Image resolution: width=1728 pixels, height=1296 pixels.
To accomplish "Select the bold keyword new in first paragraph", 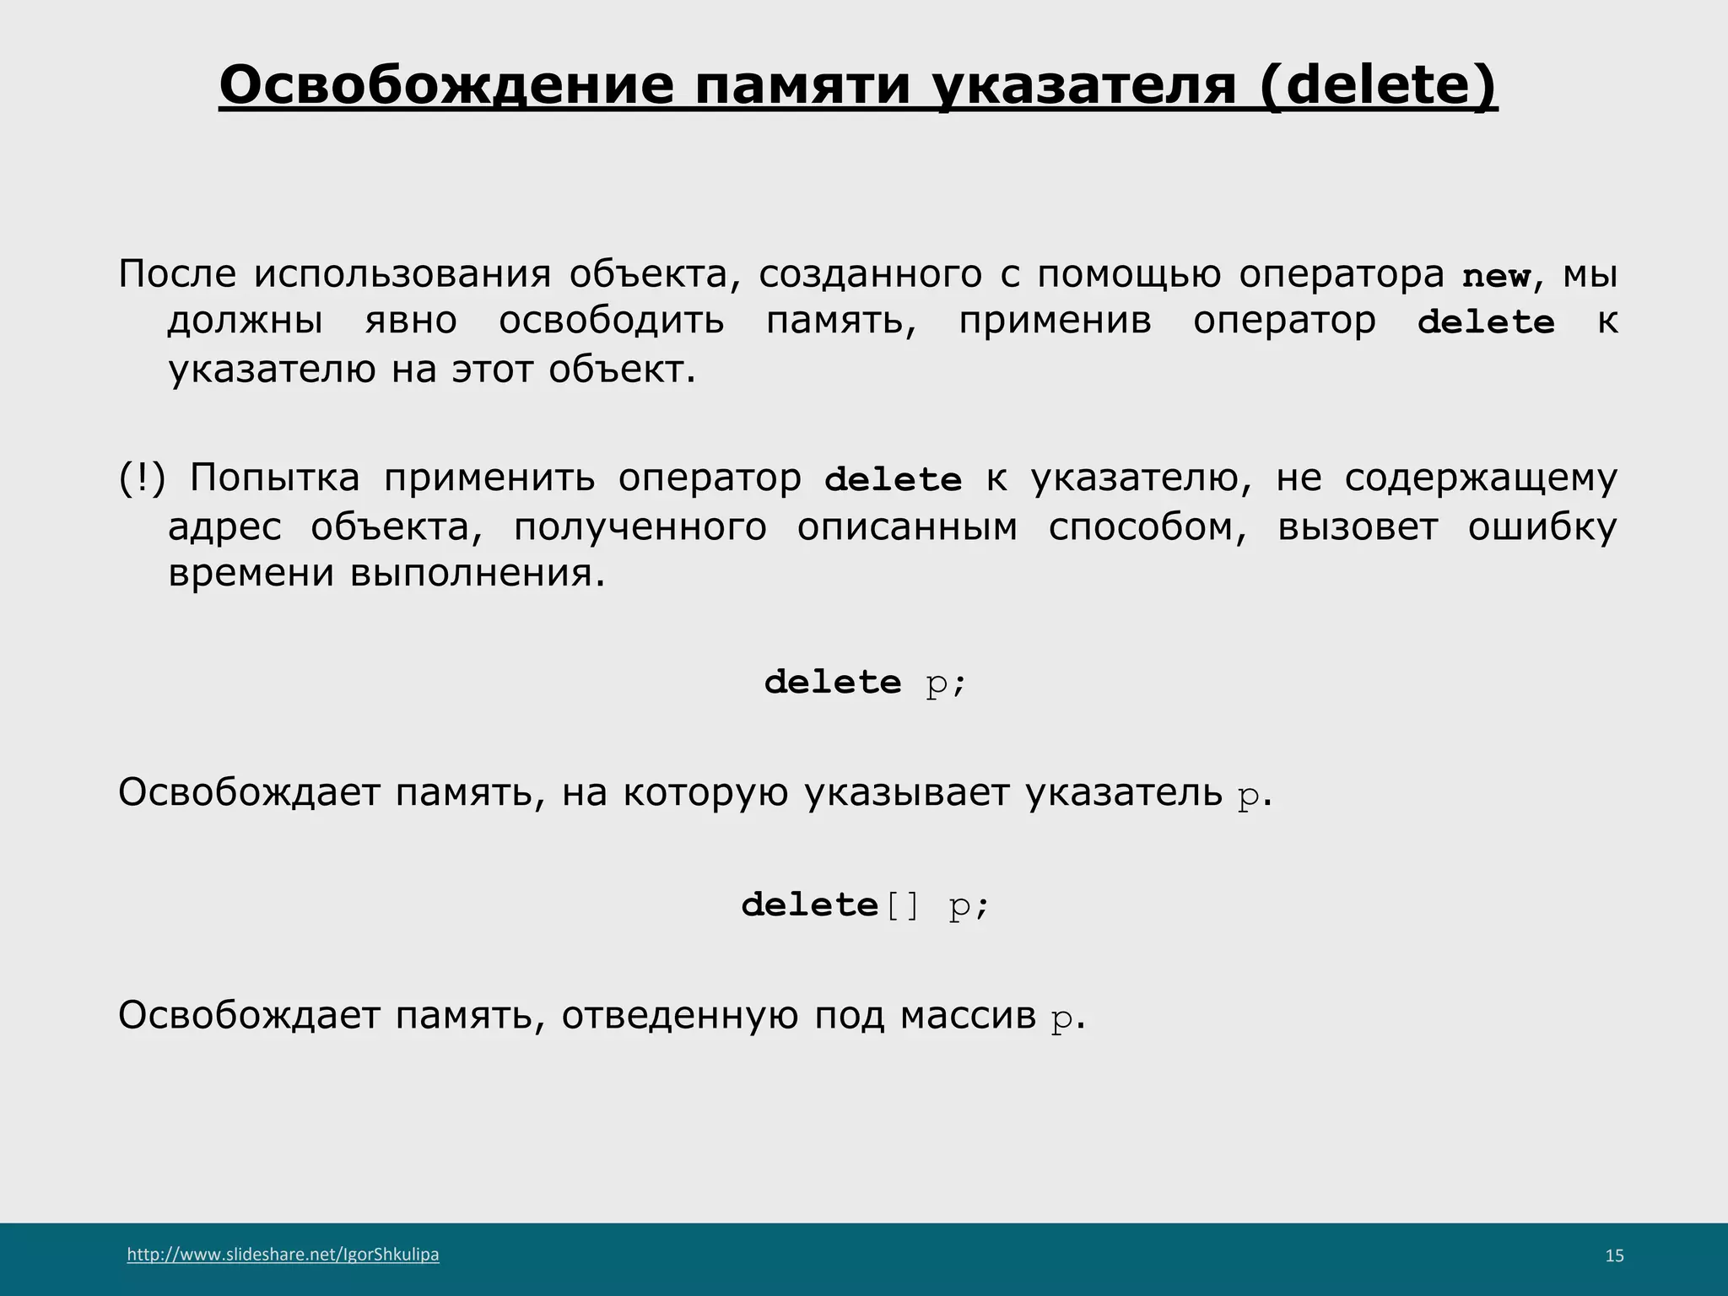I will pos(1496,276).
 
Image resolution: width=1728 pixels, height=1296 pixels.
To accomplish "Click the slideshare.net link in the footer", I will pos(283,1254).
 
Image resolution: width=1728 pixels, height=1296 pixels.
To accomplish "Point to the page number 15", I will pos(1613,1255).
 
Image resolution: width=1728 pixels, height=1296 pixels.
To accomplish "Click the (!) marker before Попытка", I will pos(141,478).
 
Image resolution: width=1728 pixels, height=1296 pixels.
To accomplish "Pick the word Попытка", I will pos(274,478).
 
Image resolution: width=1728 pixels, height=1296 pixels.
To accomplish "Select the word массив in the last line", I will pos(968,1015).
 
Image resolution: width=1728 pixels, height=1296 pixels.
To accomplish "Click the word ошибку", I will pos(1542,527).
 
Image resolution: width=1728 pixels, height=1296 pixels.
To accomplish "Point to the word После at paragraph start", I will pos(177,274).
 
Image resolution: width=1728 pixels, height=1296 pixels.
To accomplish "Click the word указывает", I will pos(906,792).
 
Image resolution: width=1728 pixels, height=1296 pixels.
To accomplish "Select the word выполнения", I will pos(478,574).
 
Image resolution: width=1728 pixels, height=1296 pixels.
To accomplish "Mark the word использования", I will pos(402,274).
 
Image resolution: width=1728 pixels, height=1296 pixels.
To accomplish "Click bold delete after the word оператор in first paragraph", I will pos(1485,322).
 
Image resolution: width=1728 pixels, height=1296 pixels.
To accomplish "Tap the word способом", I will pos(1147,527).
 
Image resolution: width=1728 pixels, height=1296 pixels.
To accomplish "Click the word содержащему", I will pos(1481,478).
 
